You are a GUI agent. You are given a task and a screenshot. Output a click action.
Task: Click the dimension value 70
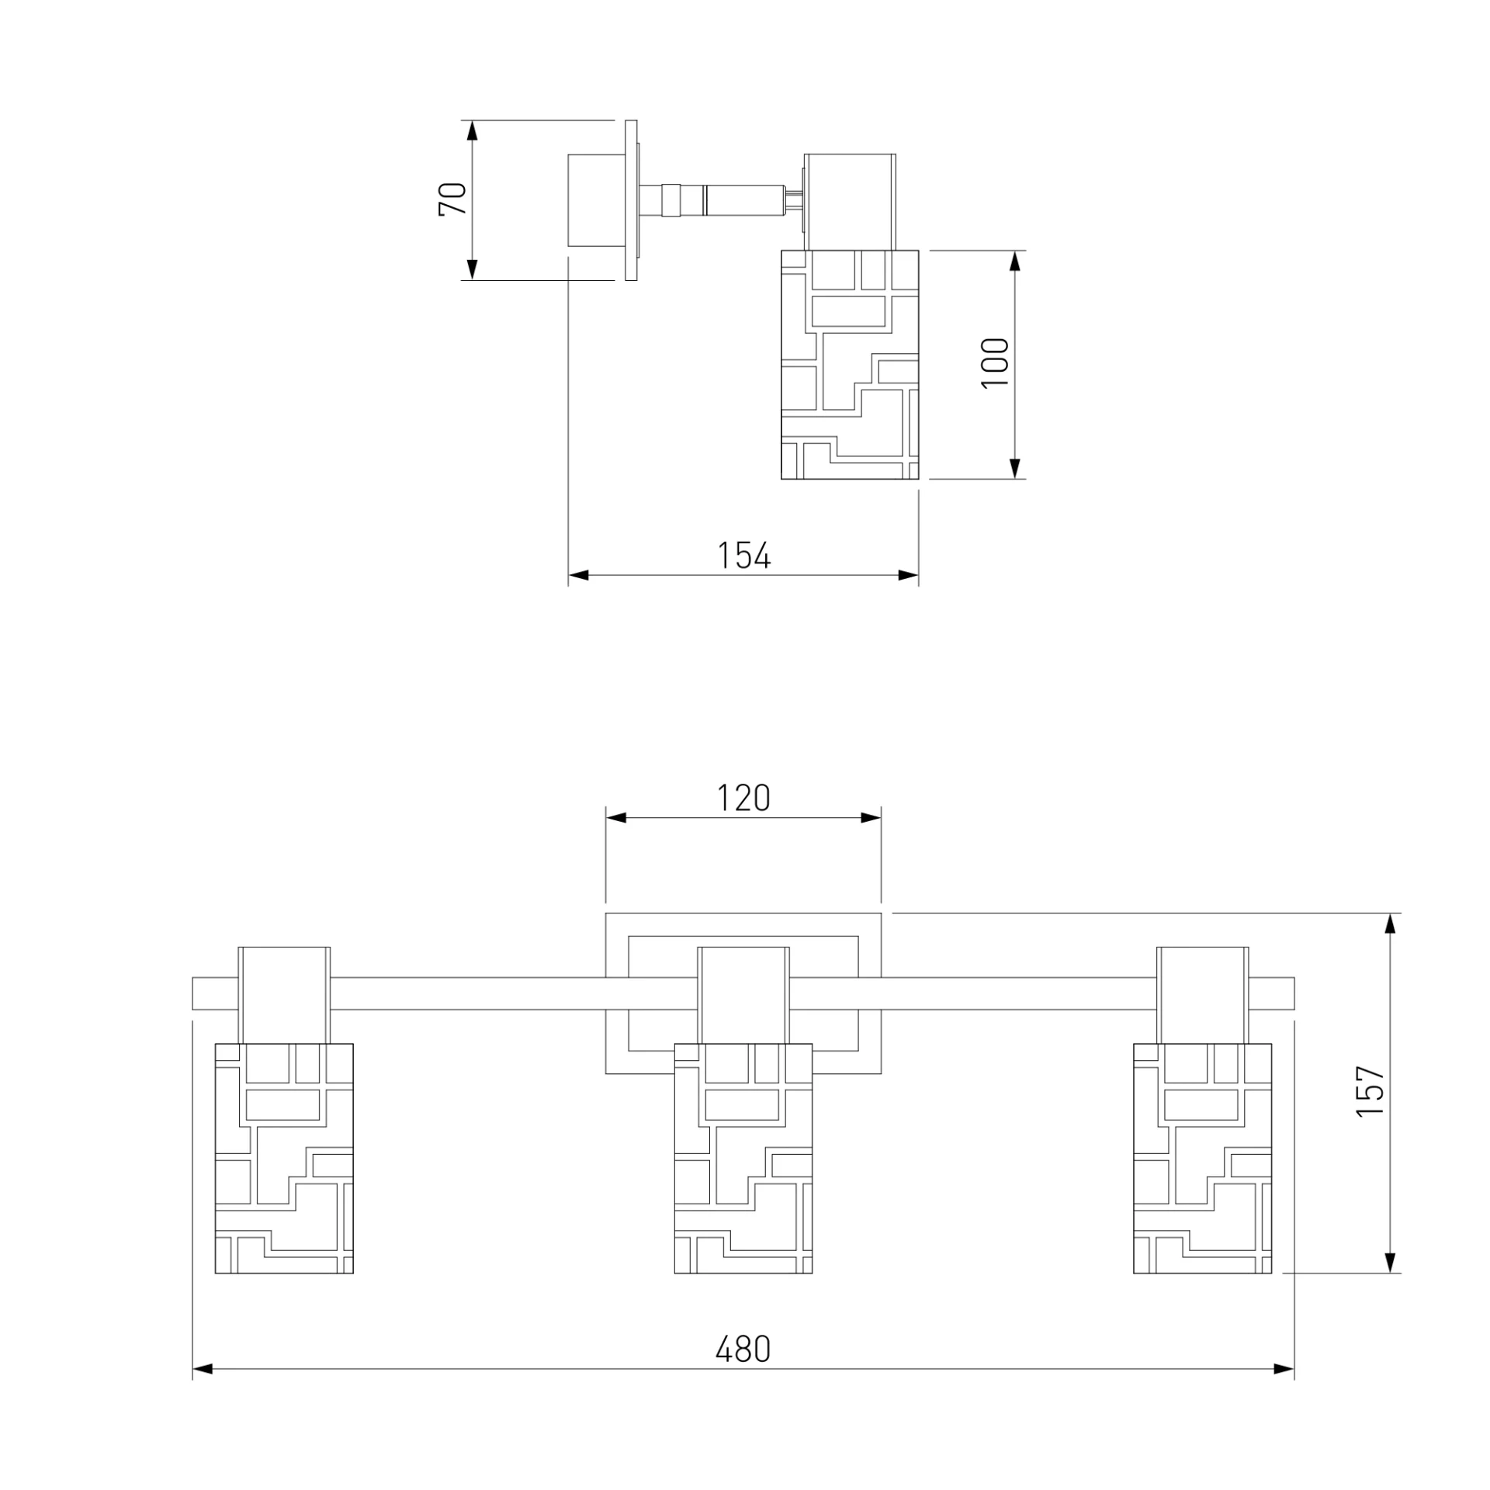(x=453, y=199)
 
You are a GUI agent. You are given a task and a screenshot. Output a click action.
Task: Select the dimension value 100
(x=996, y=363)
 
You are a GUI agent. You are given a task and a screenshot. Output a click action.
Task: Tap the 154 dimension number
(x=743, y=556)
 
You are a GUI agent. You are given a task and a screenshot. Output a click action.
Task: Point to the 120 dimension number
(x=743, y=798)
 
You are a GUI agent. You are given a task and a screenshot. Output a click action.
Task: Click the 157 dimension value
(x=1370, y=1090)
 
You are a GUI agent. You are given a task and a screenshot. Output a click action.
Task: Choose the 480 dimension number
(x=743, y=1350)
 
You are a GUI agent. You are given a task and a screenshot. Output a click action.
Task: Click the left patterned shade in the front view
(x=284, y=1159)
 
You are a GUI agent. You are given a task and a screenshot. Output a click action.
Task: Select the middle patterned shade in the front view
(x=743, y=1159)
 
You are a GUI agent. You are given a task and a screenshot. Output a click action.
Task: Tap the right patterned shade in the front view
(x=1203, y=1159)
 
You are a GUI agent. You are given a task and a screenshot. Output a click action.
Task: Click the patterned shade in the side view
(x=850, y=365)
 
